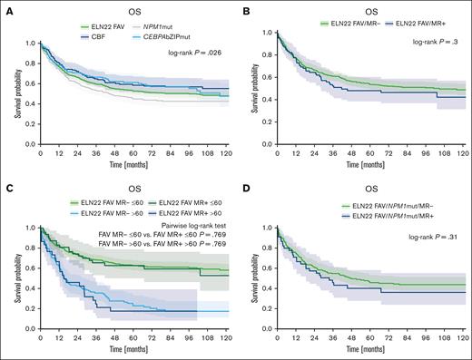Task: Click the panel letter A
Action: point(6,6)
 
